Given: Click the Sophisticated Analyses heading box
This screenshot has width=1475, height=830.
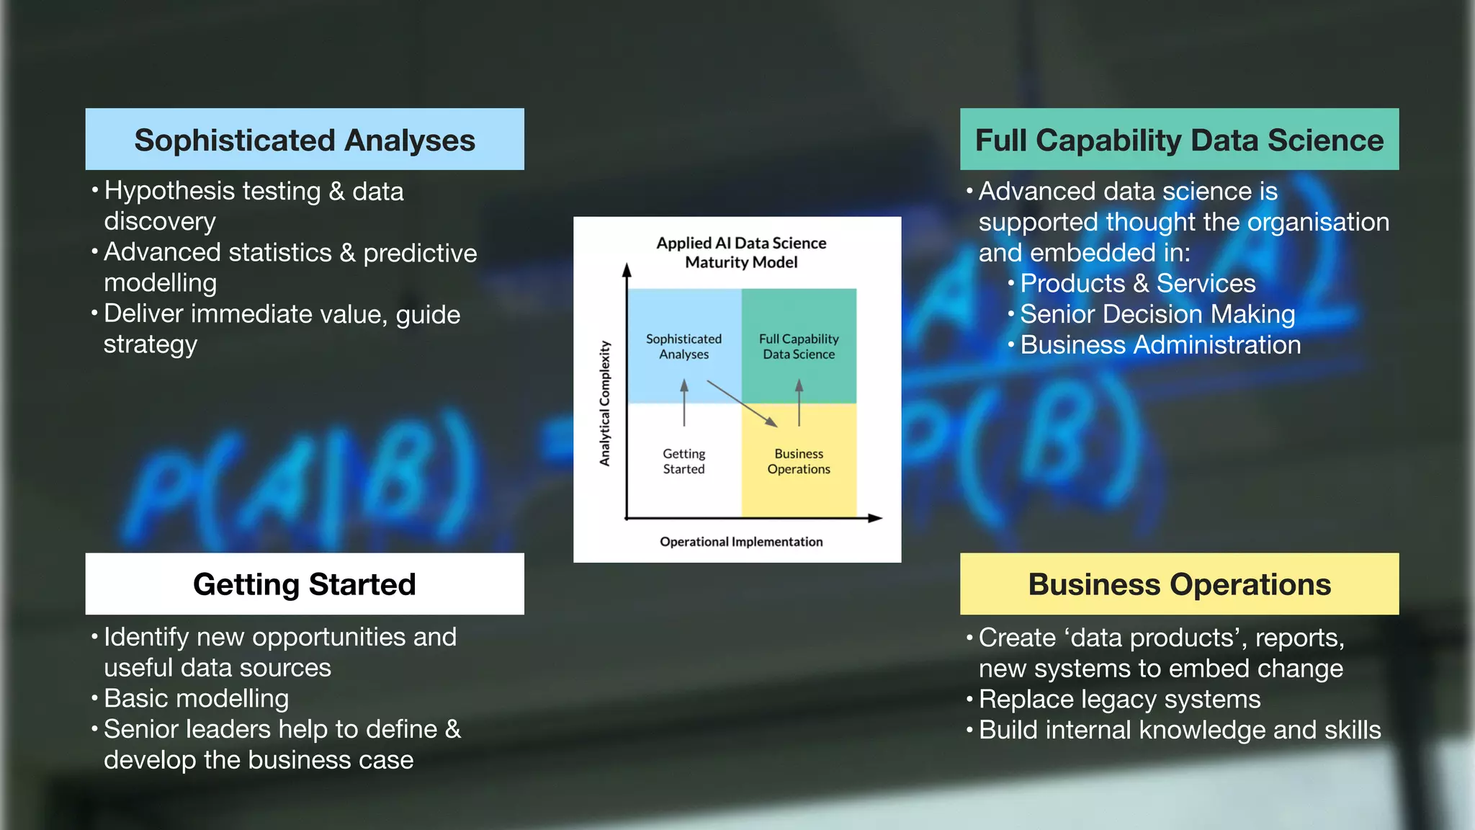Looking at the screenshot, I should (305, 140).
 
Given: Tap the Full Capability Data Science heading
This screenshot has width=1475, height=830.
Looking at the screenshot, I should (1179, 140).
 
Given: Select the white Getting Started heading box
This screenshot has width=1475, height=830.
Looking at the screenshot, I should (305, 584).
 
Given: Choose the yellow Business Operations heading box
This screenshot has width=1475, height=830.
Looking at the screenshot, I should (1179, 584).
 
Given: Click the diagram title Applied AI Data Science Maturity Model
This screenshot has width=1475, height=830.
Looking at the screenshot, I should (741, 253).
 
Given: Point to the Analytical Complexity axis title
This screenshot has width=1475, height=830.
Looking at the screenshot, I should (605, 403).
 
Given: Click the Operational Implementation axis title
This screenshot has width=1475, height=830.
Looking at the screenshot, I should (741, 542).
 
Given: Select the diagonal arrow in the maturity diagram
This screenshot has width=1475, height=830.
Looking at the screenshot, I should (742, 404).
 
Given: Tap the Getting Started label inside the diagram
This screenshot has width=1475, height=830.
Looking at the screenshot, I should (683, 461).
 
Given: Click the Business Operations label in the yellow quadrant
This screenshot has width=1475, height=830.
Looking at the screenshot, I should (799, 461).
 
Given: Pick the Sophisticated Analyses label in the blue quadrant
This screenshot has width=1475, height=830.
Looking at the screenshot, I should (683, 347).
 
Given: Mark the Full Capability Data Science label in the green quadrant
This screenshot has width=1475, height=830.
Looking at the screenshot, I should (799, 347).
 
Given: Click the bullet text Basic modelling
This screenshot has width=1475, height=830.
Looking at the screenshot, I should (196, 699).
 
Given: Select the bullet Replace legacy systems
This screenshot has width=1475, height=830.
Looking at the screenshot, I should (1119, 700).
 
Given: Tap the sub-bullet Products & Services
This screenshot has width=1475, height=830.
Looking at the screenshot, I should (1137, 283).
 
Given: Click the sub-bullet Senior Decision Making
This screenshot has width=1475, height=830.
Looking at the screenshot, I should (1157, 314).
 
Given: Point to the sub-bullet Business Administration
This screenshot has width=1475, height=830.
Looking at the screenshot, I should (1160, 345).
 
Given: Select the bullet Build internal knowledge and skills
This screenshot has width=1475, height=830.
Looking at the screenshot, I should (1179, 731).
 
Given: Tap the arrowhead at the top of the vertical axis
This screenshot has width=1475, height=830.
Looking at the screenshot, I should (627, 270).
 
